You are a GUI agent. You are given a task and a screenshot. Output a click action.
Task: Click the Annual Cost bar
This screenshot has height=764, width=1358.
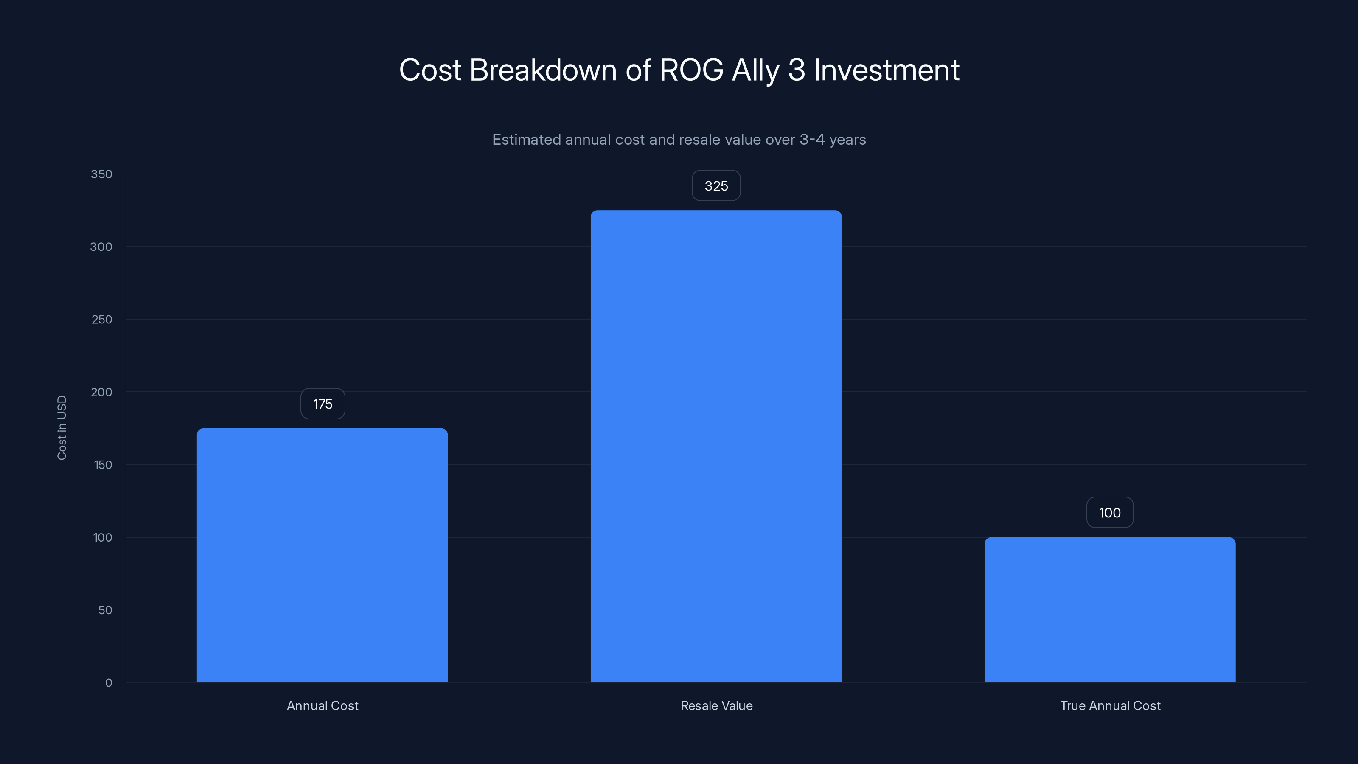pyautogui.click(x=322, y=555)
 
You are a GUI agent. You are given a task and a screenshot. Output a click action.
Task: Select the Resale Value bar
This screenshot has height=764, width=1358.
pyautogui.click(x=716, y=446)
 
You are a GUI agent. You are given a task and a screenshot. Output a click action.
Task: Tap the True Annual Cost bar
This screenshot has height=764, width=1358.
pyautogui.click(x=1110, y=610)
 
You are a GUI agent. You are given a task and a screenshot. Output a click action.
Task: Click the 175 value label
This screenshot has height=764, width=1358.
pyautogui.click(x=323, y=404)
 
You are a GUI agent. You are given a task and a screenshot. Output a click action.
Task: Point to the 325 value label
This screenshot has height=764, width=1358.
pyautogui.click(x=716, y=185)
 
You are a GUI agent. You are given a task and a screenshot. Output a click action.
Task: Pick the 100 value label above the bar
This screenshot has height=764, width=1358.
pyautogui.click(x=1110, y=512)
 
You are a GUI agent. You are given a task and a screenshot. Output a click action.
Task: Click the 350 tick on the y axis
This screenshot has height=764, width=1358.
pyautogui.click(x=101, y=174)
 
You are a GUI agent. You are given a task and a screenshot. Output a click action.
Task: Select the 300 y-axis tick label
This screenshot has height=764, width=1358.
pyautogui.click(x=101, y=247)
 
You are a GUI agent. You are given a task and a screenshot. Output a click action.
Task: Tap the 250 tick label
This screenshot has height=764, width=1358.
pyautogui.click(x=102, y=320)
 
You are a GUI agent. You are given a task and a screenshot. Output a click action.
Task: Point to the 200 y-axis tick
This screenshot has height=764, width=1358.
pyautogui.click(x=101, y=392)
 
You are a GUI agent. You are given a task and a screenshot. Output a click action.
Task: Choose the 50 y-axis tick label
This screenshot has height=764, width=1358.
pyautogui.click(x=105, y=610)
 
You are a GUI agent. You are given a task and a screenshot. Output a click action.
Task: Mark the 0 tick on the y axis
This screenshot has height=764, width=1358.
pyautogui.click(x=109, y=683)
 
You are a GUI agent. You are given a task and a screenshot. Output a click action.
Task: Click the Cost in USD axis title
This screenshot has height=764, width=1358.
pyautogui.click(x=62, y=427)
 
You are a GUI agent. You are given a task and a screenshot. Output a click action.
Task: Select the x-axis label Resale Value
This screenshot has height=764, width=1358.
pyautogui.click(x=716, y=705)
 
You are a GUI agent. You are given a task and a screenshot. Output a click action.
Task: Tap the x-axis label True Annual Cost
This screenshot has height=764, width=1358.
pyautogui.click(x=1110, y=705)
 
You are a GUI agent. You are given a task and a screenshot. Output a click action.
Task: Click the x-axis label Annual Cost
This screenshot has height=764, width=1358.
pyautogui.click(x=323, y=705)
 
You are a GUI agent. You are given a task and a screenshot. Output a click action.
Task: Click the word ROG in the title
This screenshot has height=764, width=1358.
pyautogui.click(x=691, y=70)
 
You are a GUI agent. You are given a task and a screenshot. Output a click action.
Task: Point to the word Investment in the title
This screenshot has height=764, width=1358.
pyautogui.click(x=886, y=70)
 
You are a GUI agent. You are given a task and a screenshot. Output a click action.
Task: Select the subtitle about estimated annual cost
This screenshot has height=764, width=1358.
pyautogui.click(x=679, y=140)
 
